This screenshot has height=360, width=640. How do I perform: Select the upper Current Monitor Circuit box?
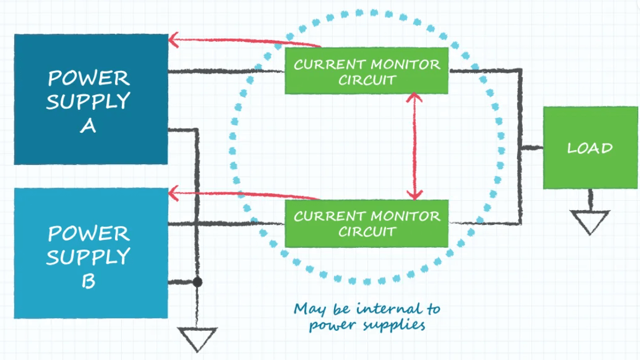tap(367, 71)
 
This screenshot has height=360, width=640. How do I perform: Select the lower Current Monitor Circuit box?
tap(367, 223)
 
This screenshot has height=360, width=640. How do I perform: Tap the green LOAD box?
tap(590, 148)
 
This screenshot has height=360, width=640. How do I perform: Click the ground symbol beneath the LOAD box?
tap(590, 221)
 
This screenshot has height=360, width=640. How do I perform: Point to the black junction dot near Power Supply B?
tap(197, 282)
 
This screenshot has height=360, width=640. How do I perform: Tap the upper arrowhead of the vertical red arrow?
tap(415, 97)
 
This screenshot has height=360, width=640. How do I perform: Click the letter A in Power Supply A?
tap(88, 126)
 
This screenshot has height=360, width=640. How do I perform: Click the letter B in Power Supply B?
tap(88, 281)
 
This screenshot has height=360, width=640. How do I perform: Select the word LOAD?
tap(590, 148)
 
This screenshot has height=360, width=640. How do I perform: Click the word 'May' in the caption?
tap(309, 310)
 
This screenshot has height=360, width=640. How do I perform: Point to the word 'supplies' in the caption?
tap(397, 325)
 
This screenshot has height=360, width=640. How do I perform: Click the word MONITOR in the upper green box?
tap(406, 64)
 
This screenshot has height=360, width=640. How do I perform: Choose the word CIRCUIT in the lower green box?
tap(367, 231)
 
